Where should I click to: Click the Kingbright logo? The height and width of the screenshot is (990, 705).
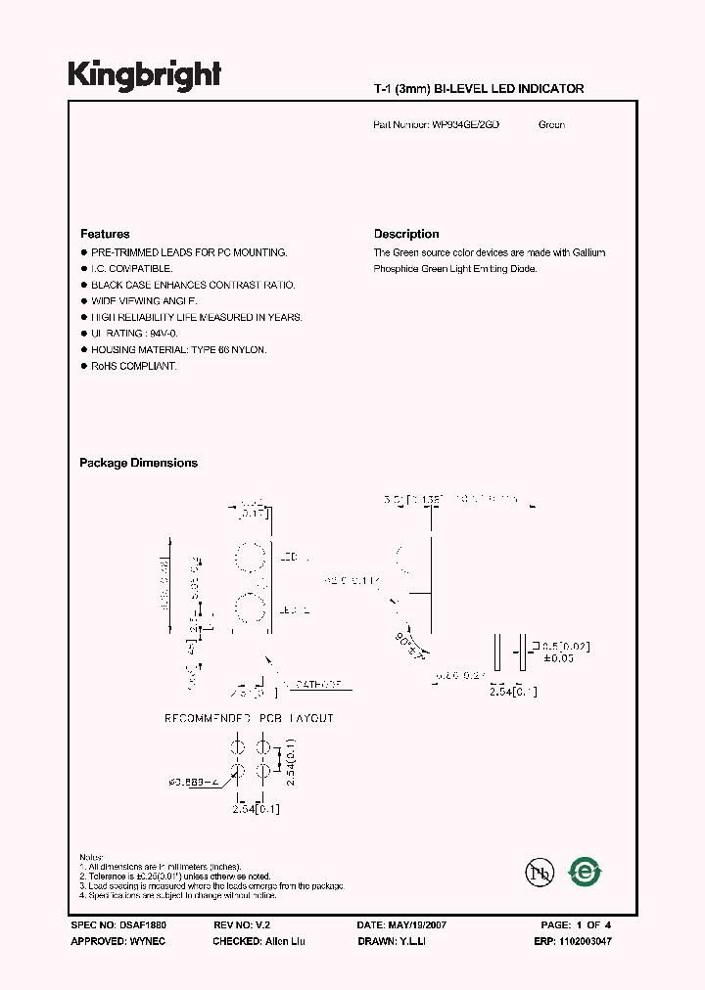click(145, 75)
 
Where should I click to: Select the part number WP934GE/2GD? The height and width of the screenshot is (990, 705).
click(465, 125)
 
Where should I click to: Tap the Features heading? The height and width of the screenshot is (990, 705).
click(105, 234)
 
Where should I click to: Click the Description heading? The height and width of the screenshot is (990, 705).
click(406, 234)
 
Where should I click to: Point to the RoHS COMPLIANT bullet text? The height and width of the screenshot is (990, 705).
click(134, 366)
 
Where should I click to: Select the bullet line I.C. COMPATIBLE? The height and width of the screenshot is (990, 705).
click(132, 268)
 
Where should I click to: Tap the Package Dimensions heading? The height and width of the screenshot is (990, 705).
click(138, 463)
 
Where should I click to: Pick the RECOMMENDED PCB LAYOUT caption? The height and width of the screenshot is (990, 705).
click(249, 718)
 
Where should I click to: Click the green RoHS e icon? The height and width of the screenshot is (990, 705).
click(586, 870)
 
